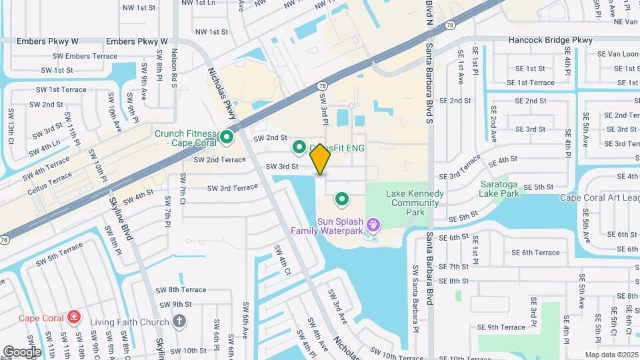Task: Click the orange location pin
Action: pyautogui.click(x=320, y=159)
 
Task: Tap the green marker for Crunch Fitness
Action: pyautogui.click(x=227, y=138)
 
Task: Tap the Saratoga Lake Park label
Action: pyautogui.click(x=499, y=189)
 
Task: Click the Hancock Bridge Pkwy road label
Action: pyautogui.click(x=550, y=41)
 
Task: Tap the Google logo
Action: pyautogui.click(x=22, y=351)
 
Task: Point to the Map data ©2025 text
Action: pyautogui.click(x=611, y=355)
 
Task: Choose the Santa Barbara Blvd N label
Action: pyautogui.click(x=430, y=20)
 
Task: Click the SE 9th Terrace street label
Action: pyautogui.click(x=502, y=327)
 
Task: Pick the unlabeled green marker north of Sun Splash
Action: pyautogui.click(x=343, y=198)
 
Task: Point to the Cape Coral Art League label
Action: pyautogui.click(x=599, y=197)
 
